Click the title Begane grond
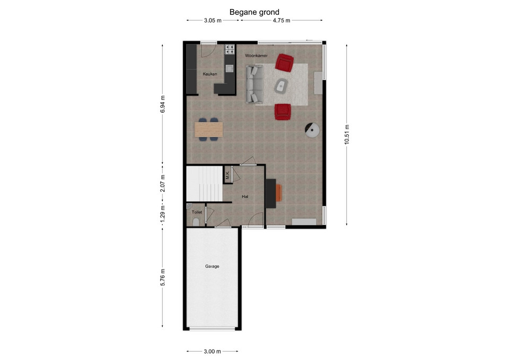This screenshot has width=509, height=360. pyautogui.click(x=254, y=12)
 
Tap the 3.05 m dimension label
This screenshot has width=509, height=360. pyautogui.click(x=213, y=21)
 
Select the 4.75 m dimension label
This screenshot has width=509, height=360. pyautogui.click(x=282, y=21)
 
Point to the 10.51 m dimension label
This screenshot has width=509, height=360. pyautogui.click(x=347, y=134)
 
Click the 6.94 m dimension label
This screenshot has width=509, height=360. pyautogui.click(x=163, y=104)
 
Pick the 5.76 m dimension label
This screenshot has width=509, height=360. pyautogui.click(x=163, y=277)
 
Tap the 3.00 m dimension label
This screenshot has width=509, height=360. pyautogui.click(x=212, y=351)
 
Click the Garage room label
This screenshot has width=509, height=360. pyautogui.click(x=212, y=266)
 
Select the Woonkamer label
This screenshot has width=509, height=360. pyautogui.click(x=256, y=56)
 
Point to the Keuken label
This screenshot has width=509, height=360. pyautogui.click(x=210, y=74)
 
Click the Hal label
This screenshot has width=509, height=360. pyautogui.click(x=245, y=196)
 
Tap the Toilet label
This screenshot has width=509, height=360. pyautogui.click(x=197, y=212)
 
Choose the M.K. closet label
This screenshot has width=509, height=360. pyautogui.click(x=227, y=175)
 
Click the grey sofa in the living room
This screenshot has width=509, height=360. pyautogui.click(x=254, y=84)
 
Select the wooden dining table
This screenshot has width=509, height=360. pyautogui.click(x=208, y=129)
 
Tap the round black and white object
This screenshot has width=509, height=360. pyautogui.click(x=312, y=130)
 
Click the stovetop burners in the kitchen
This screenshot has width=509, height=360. pyautogui.click(x=230, y=49)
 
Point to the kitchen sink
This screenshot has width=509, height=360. pyautogui.click(x=230, y=68)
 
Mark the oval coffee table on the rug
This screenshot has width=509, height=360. pyautogui.click(x=281, y=86)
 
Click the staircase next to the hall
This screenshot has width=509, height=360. pyautogui.click(x=205, y=184)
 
